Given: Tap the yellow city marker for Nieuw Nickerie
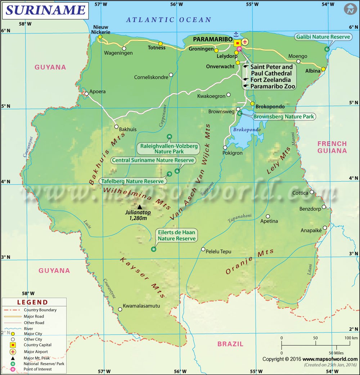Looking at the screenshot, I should coord(100,37).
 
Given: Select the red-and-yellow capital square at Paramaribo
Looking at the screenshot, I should coord(237,43).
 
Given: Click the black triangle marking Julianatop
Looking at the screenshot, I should coord(140,207).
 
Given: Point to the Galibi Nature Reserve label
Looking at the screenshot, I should coord(323,37).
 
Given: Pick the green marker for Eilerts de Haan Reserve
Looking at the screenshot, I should coord(154,249).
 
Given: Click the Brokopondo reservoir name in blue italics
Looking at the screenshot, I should coord(247,129).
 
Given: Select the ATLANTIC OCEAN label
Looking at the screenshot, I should coord(168,20).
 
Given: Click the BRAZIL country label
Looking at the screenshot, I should coord(230,344).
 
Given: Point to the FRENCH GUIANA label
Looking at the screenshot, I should coord(332,147).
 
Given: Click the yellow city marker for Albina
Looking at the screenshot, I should coord(323,69).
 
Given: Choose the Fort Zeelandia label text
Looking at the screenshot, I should coord(270,80).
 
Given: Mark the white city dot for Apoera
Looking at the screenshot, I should coord(86,93).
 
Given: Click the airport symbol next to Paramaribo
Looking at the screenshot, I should coord(245,42).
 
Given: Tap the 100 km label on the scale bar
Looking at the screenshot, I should coord(351,338).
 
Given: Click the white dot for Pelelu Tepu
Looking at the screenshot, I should coord(203,249).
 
